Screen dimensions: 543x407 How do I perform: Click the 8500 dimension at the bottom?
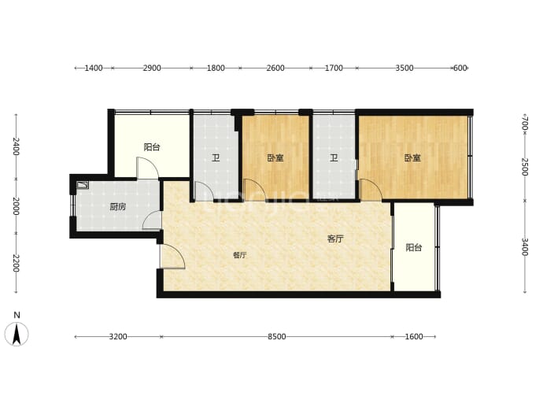tap(277, 337)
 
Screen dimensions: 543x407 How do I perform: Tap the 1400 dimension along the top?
tap(94, 68)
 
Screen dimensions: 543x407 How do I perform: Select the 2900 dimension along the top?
tap(152, 68)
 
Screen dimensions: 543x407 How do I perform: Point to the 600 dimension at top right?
tap(460, 68)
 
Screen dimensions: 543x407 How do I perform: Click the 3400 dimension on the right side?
tap(525, 246)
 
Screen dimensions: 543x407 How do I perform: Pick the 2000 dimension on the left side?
tap(16, 206)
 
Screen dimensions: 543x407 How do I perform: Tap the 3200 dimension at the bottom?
tap(118, 337)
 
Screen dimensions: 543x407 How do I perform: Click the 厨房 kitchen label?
tap(118, 207)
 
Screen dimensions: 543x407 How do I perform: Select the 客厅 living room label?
tap(335, 239)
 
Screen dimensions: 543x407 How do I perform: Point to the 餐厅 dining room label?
tap(240, 255)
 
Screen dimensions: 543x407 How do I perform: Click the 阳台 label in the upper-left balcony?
tap(152, 147)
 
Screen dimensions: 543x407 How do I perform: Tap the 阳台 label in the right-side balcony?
tap(414, 248)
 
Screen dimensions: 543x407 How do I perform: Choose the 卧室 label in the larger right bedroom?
tap(412, 158)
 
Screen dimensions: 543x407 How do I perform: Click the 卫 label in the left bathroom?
tap(216, 158)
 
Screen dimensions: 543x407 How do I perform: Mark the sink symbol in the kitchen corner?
tap(83, 185)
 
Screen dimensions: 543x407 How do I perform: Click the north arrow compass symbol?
tap(17, 334)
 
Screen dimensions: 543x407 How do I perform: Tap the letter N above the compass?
tap(17, 315)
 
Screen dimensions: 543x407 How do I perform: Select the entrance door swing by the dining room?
tap(172, 257)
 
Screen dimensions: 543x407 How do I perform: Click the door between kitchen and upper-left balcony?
tap(147, 168)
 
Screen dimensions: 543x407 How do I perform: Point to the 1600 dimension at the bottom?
tap(414, 337)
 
